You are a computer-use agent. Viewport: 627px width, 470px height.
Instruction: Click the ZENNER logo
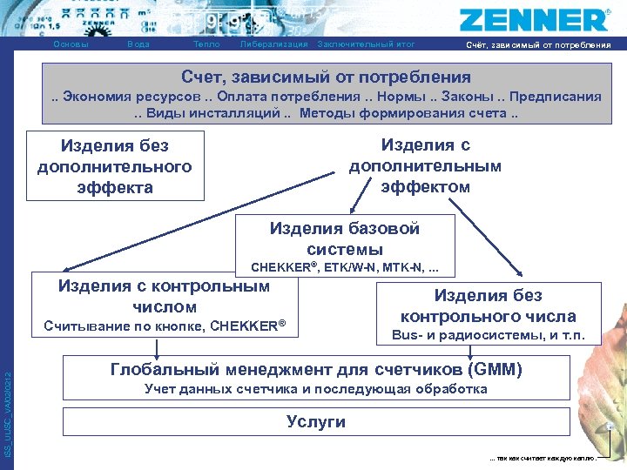535,19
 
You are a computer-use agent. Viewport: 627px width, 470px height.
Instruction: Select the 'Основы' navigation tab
71,44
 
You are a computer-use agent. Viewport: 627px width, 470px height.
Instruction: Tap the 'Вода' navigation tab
138,44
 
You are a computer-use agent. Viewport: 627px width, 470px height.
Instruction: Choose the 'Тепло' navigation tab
206,44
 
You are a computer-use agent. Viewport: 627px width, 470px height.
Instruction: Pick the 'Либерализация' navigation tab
273,44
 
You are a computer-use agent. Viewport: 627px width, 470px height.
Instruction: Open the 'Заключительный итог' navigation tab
367,44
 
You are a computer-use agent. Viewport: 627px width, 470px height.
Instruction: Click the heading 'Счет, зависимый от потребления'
326,77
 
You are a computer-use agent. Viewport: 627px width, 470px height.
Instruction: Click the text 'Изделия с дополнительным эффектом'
425,165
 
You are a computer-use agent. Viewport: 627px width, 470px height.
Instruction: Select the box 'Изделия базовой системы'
345,238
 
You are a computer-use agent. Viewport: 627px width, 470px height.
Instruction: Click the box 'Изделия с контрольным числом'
164,296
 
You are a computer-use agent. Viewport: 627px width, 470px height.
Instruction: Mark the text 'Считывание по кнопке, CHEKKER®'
165,327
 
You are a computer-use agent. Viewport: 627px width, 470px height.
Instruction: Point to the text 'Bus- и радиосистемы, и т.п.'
488,335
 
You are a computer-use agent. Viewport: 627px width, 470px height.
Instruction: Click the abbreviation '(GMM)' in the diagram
495,370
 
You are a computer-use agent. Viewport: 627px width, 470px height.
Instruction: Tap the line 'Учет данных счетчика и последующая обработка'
315,389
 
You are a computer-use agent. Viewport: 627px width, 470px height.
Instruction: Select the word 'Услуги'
315,422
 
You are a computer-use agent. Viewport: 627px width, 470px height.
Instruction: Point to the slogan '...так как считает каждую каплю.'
543,457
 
